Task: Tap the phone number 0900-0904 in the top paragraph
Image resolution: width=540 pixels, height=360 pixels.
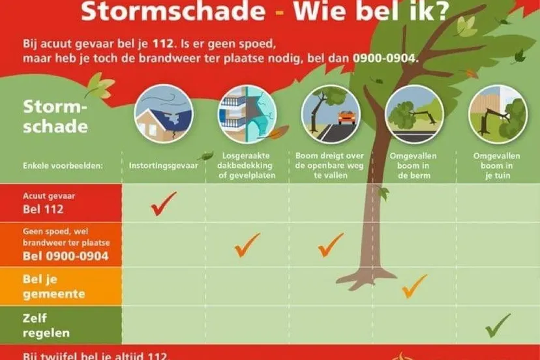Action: pos(385,58)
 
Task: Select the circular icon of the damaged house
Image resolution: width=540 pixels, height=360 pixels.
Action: pos(164,114)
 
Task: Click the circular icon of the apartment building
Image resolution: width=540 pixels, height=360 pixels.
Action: pos(247,114)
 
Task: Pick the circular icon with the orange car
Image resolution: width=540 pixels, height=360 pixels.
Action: pos(330,114)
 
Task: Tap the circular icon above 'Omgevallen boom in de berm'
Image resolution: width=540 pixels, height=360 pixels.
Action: pos(414,114)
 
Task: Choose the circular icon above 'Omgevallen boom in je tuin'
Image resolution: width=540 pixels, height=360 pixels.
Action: pos(498,114)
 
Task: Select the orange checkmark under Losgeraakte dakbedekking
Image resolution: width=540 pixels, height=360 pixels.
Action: pos(247,245)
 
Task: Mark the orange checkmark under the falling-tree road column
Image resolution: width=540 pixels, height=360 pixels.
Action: pos(331,245)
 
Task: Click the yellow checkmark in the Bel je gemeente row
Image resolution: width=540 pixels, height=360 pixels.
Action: pos(414,286)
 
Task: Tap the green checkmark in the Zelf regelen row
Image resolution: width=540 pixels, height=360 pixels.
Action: pos(498,324)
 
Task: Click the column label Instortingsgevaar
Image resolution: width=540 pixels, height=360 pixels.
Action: pos(164,166)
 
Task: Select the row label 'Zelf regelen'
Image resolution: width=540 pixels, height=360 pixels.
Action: pos(46,326)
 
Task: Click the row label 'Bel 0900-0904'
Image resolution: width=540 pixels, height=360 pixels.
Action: pos(65,256)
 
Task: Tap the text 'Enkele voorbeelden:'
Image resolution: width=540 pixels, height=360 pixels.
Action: pos(63,166)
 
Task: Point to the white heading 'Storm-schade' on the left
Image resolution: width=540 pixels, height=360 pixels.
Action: pos(55,116)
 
